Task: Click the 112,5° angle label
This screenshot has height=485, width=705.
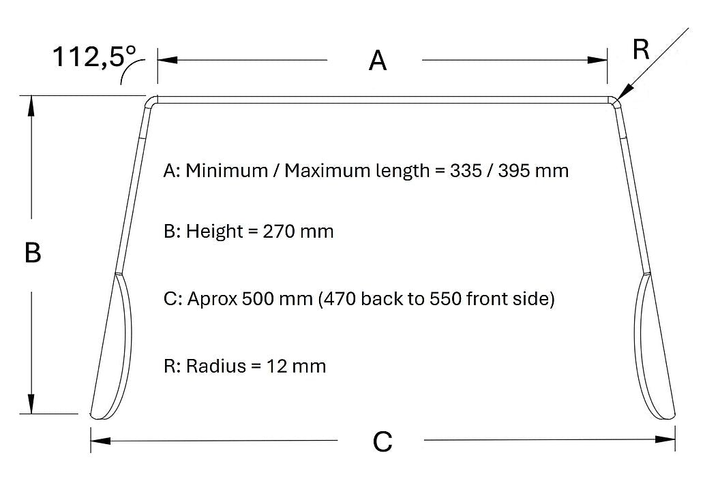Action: pyautogui.click(x=94, y=57)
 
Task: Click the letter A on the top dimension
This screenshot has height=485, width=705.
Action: pyautogui.click(x=378, y=61)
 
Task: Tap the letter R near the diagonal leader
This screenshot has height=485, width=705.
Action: pyautogui.click(x=641, y=50)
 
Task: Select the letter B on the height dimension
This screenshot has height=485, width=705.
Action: pyautogui.click(x=33, y=253)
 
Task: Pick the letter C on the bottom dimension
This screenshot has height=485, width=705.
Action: pyautogui.click(x=382, y=441)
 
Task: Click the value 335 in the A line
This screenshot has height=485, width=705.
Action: pyautogui.click(x=466, y=171)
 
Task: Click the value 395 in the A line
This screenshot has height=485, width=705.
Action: pyautogui.click(x=514, y=171)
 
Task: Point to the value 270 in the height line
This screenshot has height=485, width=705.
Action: pyautogui.click(x=279, y=232)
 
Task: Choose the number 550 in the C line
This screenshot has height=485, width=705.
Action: pyautogui.click(x=445, y=298)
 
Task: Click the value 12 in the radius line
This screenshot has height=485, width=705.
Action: pyautogui.click(x=276, y=366)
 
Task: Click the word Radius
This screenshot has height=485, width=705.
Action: pyautogui.click(x=216, y=366)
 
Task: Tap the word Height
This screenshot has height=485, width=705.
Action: pyautogui.click(x=215, y=232)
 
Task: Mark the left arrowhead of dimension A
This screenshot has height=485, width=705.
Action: pyautogui.click(x=167, y=60)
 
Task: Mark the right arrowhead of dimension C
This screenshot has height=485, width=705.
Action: pyautogui.click(x=665, y=440)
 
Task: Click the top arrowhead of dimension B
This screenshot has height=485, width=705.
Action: pyautogui.click(x=31, y=106)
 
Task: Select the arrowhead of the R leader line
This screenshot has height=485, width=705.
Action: pyautogui.click(x=624, y=92)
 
